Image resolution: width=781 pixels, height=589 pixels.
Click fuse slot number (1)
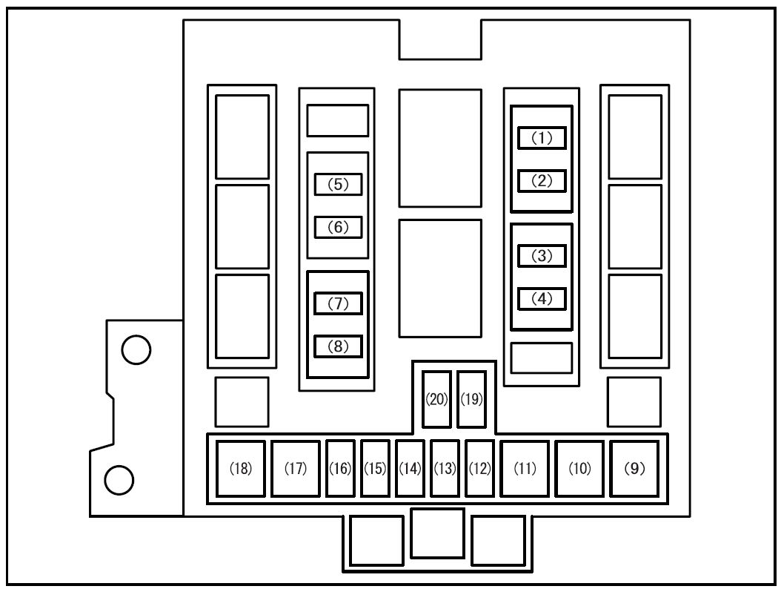(x=542, y=138)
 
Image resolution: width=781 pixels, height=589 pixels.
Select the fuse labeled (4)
(x=542, y=299)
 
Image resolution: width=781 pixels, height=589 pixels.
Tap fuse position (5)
(x=338, y=184)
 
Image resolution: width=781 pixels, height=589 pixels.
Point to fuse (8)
(x=338, y=346)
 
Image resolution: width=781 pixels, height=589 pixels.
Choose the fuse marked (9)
(x=634, y=469)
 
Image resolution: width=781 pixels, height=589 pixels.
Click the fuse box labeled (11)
(x=525, y=469)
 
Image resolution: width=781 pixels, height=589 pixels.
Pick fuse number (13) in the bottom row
(x=445, y=469)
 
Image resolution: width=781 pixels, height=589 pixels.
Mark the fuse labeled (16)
(x=340, y=469)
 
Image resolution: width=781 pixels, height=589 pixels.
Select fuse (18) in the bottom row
(x=241, y=469)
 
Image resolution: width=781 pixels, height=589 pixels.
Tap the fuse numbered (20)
(x=437, y=400)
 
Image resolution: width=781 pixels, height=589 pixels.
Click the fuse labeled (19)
(x=472, y=400)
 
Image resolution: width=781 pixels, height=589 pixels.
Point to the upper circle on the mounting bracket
(x=136, y=349)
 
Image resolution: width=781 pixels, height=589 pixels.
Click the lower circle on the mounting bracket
(x=119, y=480)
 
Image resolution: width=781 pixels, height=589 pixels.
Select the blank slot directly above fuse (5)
(x=338, y=120)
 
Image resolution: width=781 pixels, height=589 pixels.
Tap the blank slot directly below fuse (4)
(x=542, y=358)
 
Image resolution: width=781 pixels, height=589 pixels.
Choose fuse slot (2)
(x=542, y=180)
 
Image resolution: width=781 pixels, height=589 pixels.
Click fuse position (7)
(x=338, y=303)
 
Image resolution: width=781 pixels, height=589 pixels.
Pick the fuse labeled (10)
(x=579, y=469)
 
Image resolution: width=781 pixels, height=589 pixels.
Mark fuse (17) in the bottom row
(x=296, y=469)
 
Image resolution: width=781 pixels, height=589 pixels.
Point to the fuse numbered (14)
(x=410, y=469)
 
